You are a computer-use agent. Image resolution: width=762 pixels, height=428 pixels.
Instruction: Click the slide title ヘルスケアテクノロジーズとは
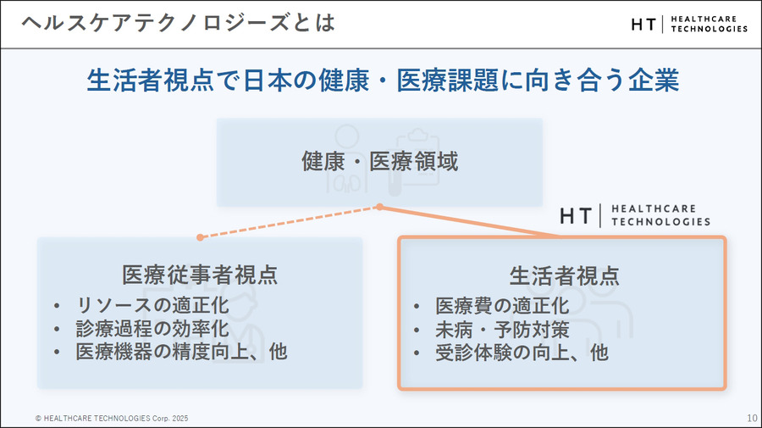click(178, 23)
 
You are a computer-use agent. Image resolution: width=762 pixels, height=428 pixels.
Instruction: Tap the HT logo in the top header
click(688, 24)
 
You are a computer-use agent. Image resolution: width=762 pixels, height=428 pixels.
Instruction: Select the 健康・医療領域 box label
click(379, 161)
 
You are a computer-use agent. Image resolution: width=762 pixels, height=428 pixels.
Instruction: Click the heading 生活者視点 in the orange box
click(563, 275)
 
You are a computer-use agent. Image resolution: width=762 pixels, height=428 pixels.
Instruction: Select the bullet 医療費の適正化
click(502, 305)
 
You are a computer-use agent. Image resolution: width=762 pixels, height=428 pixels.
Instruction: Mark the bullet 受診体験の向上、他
click(522, 352)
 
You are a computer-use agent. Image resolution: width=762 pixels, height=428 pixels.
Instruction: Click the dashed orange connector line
click(288, 222)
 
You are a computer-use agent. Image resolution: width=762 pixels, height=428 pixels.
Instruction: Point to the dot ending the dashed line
click(200, 237)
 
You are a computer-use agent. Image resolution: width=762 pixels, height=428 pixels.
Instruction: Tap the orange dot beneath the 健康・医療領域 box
click(380, 207)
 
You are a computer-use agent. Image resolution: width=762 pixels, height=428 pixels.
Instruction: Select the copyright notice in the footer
click(112, 418)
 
